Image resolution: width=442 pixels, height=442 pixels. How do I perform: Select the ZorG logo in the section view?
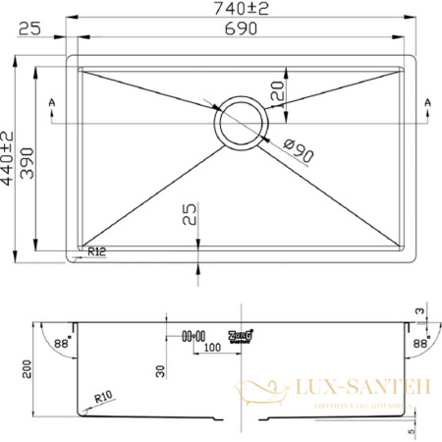tap(242, 335)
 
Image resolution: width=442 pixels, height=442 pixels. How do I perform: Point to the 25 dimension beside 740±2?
tap(28, 29)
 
